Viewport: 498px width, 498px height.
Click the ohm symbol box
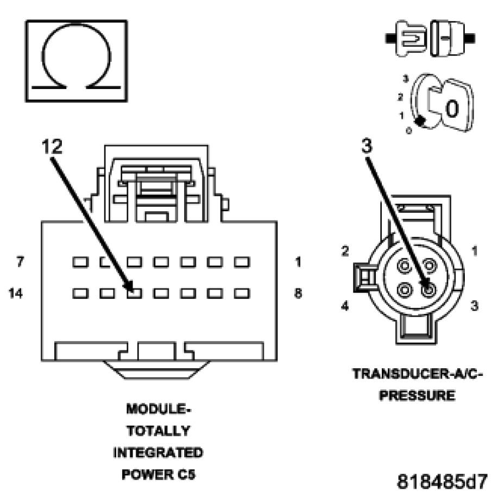[77, 61]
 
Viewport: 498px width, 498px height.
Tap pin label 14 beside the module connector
[16, 293]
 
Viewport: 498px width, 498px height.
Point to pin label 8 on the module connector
[298, 293]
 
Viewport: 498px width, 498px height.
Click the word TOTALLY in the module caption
[158, 431]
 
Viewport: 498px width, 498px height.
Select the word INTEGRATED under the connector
[158, 452]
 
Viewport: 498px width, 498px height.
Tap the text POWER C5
[158, 474]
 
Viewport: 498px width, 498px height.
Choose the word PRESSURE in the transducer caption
[417, 395]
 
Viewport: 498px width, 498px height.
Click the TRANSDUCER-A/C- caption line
[417, 375]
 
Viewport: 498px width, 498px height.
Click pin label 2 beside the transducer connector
[344, 251]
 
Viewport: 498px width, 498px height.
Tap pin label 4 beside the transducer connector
[344, 306]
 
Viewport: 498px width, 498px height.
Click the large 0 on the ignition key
[452, 109]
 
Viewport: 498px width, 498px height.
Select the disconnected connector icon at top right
[432, 38]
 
